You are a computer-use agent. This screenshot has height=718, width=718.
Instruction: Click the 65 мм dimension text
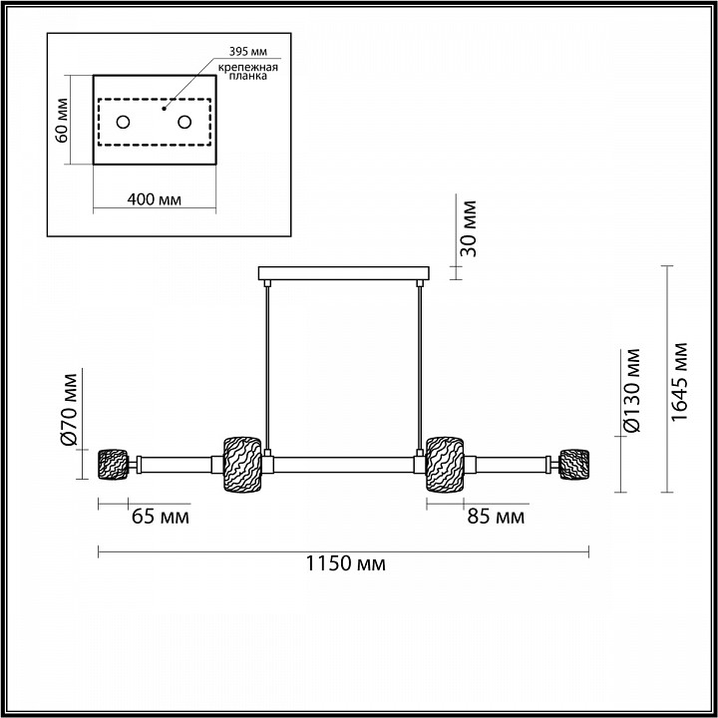tap(160, 517)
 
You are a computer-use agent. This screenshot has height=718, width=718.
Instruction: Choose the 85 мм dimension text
tap(496, 517)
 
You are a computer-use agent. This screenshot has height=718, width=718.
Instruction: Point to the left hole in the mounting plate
tap(124, 122)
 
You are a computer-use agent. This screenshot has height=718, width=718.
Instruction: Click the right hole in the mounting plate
tap(184, 122)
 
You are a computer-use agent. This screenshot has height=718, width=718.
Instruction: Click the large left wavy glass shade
tap(241, 464)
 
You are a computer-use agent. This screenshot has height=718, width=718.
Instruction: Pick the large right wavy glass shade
tap(446, 464)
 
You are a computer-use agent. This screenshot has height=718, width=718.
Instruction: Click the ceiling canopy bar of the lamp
tap(343, 273)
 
